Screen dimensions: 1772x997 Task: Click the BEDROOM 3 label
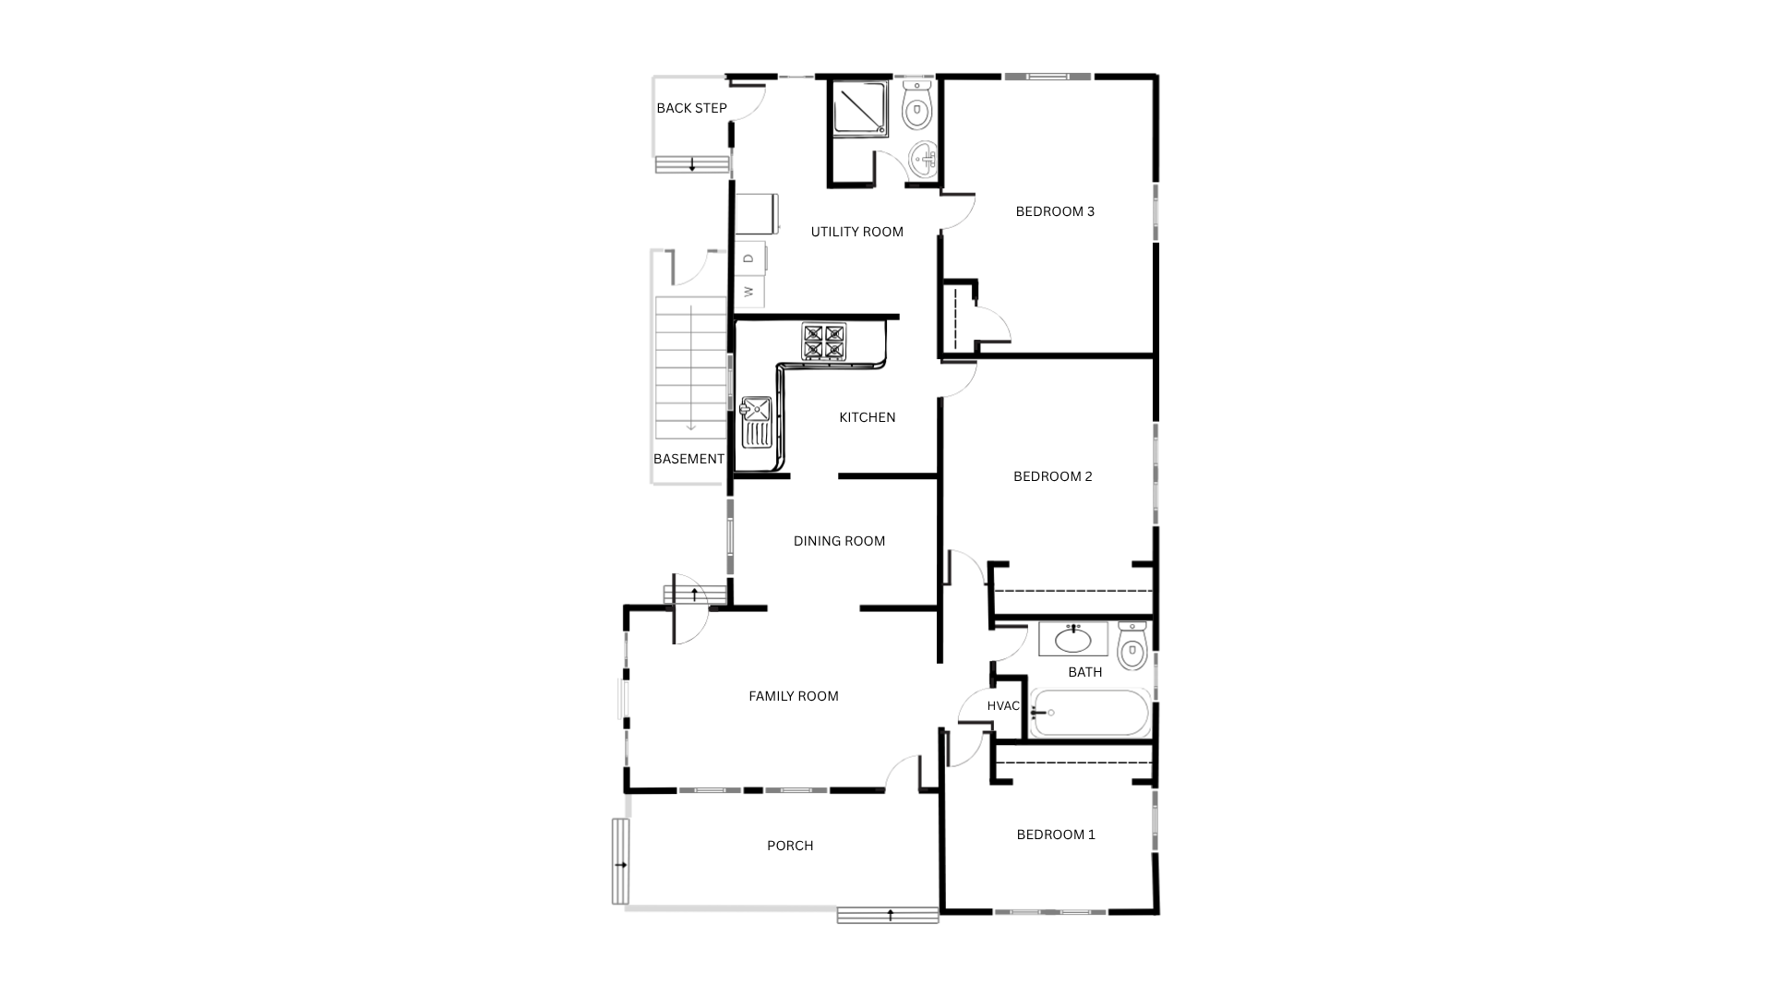(x=1055, y=211)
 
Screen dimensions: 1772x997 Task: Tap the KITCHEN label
(x=868, y=417)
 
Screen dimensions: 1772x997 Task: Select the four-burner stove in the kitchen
(x=823, y=341)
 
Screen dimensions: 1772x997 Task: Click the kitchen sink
(x=756, y=422)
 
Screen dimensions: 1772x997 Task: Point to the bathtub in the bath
(x=1089, y=713)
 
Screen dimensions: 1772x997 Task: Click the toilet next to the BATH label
(x=1132, y=645)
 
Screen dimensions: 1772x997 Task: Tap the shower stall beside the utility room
(x=861, y=109)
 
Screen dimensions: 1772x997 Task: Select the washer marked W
(x=750, y=292)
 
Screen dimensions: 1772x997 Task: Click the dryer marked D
(x=750, y=258)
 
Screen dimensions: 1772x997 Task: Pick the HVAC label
(x=1003, y=706)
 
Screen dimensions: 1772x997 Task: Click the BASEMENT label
(x=688, y=459)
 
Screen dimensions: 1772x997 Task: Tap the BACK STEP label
(x=691, y=108)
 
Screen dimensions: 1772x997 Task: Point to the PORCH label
(x=790, y=846)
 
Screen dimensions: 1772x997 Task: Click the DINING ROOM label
(x=839, y=541)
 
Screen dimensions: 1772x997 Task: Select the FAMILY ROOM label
(x=794, y=696)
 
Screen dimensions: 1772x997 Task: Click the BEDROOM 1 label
(x=1056, y=835)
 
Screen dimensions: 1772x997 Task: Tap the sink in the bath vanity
(x=1072, y=639)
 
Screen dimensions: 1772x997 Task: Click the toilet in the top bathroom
(x=916, y=104)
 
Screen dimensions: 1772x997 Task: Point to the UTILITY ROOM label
(x=857, y=232)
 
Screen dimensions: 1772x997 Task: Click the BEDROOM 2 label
(x=1053, y=476)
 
